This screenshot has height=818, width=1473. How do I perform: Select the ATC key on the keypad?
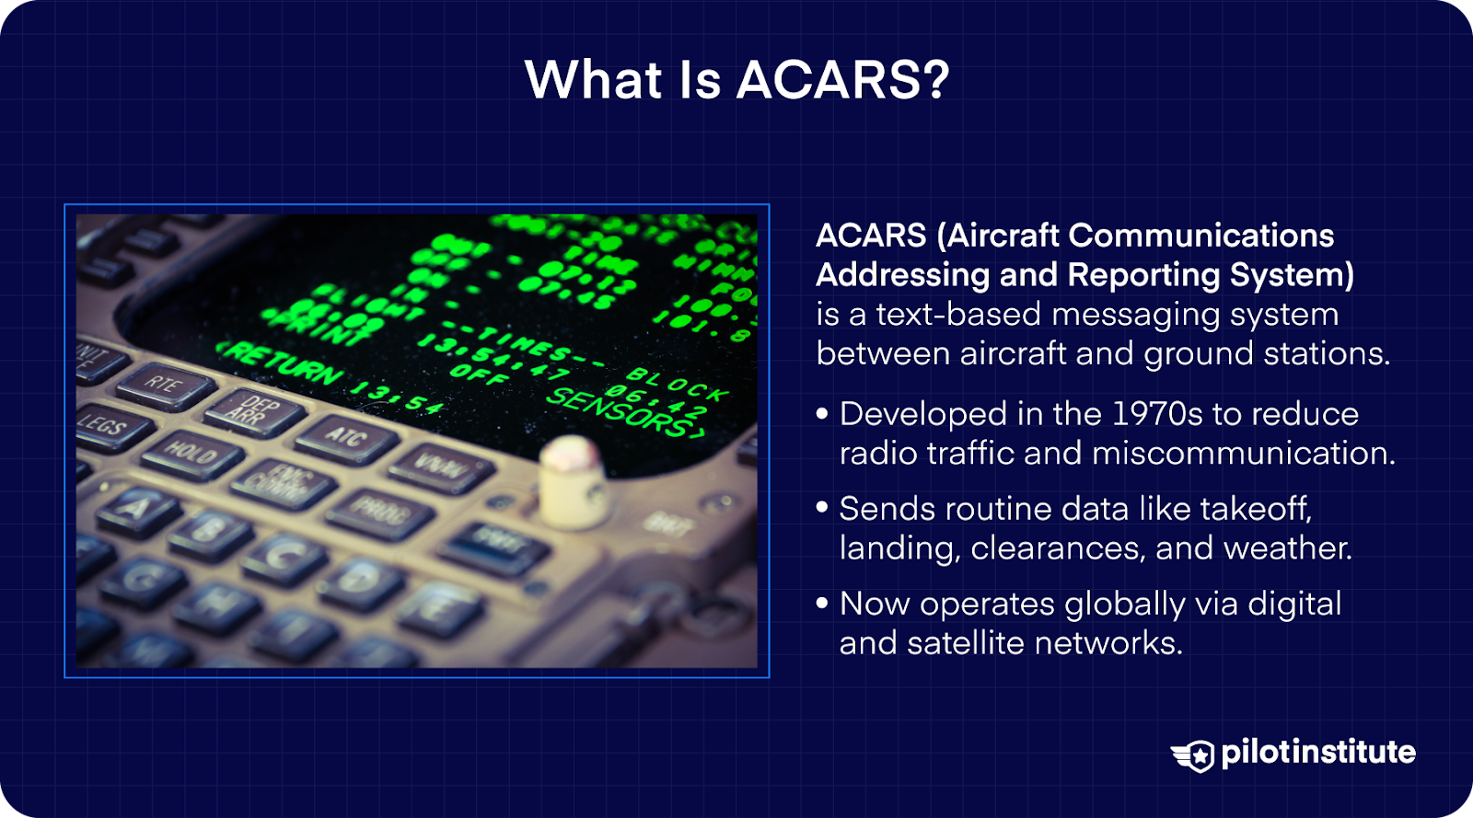[x=346, y=436]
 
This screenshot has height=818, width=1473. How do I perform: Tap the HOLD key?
[x=191, y=453]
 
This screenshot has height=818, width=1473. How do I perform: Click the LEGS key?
[x=103, y=426]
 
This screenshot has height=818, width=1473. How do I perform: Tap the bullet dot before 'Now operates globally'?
[x=822, y=604]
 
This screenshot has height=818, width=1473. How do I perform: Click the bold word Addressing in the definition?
[x=902, y=275]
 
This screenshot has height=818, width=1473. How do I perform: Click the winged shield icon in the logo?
[x=1194, y=755]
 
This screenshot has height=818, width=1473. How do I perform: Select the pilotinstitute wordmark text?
[x=1317, y=753]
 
